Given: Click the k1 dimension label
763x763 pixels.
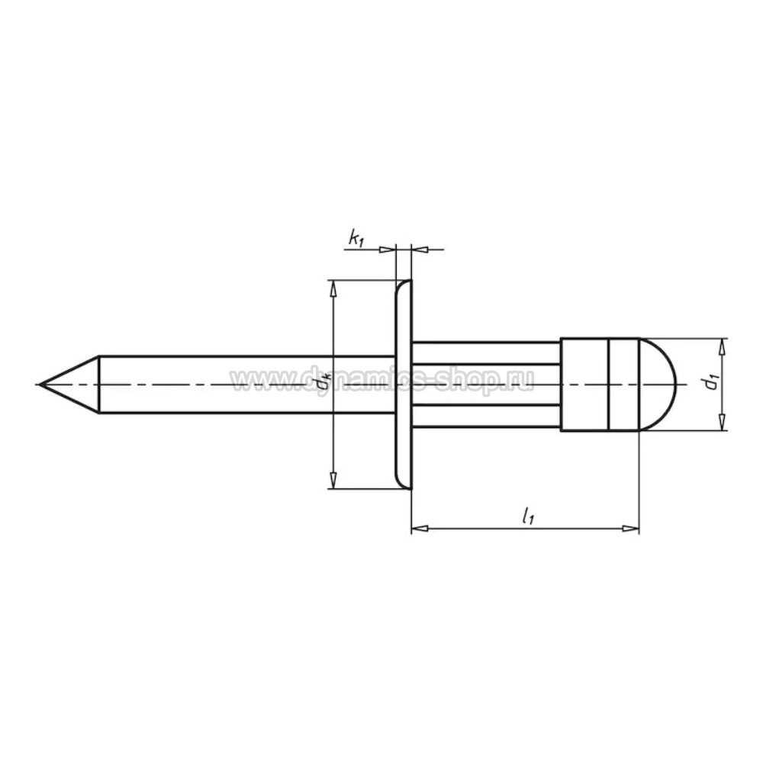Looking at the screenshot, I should point(356,239).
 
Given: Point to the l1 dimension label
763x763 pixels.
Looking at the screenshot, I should point(526,517).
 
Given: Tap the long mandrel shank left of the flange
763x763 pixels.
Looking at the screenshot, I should point(244,385).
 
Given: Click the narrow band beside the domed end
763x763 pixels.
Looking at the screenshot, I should point(623,385).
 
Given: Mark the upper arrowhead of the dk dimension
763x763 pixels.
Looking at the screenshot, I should point(333,288).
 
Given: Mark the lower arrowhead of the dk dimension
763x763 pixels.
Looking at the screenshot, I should point(333,481).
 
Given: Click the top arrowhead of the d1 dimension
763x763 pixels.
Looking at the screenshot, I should point(723,346).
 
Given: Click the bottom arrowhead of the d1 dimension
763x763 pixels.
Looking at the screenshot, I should point(723,423).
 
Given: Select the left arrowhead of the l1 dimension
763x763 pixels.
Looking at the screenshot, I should point(419,528).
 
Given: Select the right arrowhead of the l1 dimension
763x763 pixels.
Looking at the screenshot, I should point(630,528).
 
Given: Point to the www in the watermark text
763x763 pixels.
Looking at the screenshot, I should point(256,379).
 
